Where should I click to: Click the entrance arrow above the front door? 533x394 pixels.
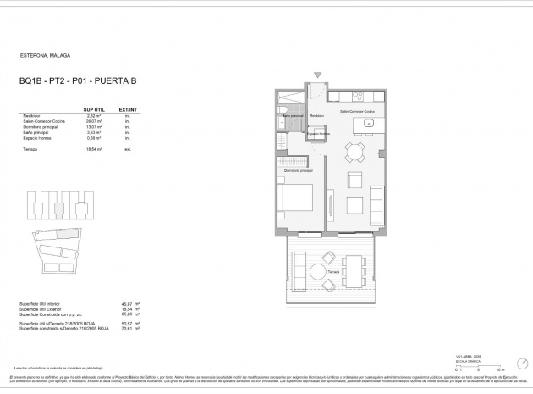click(x=318, y=75)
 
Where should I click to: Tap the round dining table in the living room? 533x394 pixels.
click(x=354, y=152)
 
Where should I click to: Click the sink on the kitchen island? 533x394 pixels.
click(x=369, y=124)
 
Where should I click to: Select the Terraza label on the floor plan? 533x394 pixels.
click(x=334, y=271)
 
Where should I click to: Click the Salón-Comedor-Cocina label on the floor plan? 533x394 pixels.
click(x=356, y=111)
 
